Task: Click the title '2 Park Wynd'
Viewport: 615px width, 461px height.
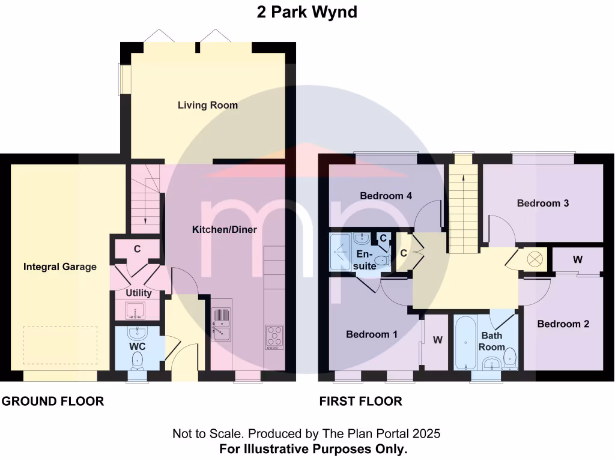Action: click(307, 12)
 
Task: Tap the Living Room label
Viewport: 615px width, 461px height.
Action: click(208, 105)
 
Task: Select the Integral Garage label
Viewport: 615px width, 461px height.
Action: click(60, 267)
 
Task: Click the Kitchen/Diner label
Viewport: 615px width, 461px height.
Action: click(225, 229)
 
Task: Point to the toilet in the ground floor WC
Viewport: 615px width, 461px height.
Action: click(138, 360)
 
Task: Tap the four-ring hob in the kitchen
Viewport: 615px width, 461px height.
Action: click(274, 336)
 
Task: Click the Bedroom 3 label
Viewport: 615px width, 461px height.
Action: click(543, 203)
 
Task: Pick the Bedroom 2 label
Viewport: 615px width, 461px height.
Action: click(563, 324)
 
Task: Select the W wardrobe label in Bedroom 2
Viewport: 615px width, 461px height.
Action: click(578, 260)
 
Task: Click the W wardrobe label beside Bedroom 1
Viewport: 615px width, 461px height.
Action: click(438, 340)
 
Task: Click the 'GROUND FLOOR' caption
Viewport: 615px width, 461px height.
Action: click(52, 401)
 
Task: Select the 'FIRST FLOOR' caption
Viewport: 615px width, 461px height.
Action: click(360, 401)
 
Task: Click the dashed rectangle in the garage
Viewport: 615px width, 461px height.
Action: click(60, 345)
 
